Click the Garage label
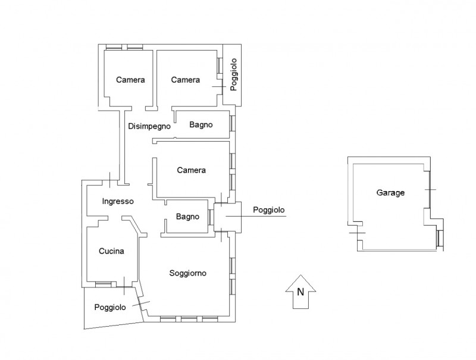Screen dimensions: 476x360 [x=390, y=193]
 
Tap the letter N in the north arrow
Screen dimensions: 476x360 [x=300, y=292]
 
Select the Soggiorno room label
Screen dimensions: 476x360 [x=187, y=273]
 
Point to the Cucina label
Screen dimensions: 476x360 [x=111, y=251]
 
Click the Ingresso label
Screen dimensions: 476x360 [x=118, y=201]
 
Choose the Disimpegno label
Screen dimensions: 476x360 [x=149, y=126]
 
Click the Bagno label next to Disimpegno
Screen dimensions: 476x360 [x=201, y=124]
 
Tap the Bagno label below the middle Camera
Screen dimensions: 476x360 [x=187, y=217]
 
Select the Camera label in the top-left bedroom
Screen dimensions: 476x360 [x=130, y=80]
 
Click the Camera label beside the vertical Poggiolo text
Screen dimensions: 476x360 [x=186, y=80]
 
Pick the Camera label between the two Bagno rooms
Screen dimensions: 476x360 [x=191, y=170]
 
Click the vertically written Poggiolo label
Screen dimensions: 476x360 [x=233, y=74]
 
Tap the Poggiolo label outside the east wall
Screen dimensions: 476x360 [x=269, y=210]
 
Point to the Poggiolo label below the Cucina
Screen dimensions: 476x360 [x=110, y=307]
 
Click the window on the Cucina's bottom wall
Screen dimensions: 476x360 [x=103, y=284]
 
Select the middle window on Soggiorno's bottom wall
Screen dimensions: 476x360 [x=189, y=320]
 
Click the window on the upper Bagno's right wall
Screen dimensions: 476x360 [x=233, y=123]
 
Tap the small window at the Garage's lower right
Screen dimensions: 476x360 [x=440, y=237]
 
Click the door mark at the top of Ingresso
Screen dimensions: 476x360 [x=110, y=180]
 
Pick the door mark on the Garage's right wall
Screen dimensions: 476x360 [x=430, y=190]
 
